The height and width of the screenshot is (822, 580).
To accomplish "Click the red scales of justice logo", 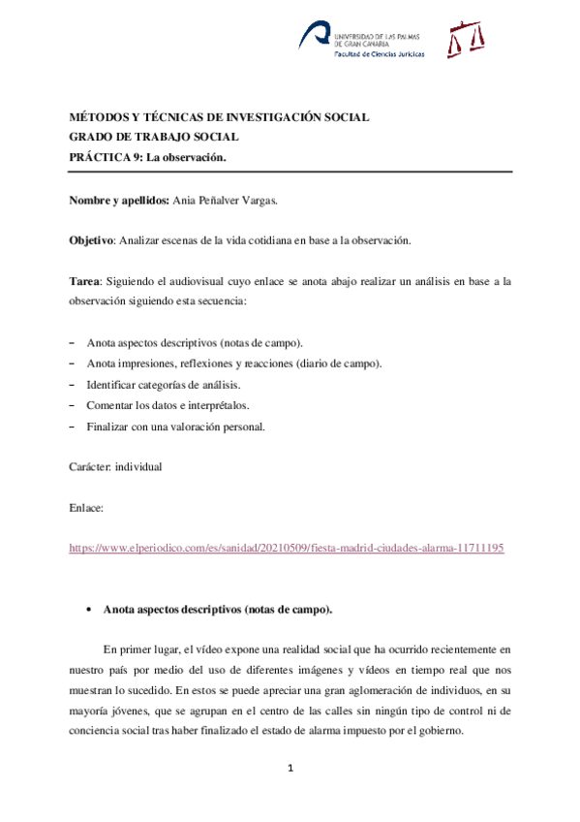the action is point(465,39).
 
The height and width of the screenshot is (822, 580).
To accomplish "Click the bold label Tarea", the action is point(83,281).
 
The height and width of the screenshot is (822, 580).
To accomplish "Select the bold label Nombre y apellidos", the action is point(118,201).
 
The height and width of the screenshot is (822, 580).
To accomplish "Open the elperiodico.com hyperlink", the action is point(286,548).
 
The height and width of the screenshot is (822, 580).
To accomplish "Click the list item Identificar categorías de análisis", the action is point(163,385).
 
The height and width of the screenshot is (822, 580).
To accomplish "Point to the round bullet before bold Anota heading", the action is point(89,610).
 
